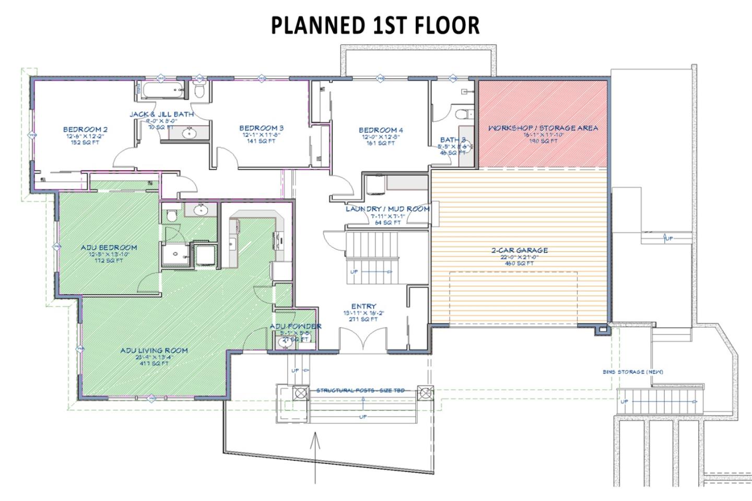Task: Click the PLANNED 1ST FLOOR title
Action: click(x=375, y=26)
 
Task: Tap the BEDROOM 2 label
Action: click(x=85, y=130)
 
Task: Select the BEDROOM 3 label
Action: click(x=261, y=128)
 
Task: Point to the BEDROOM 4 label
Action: click(x=380, y=130)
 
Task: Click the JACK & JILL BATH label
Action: click(x=161, y=114)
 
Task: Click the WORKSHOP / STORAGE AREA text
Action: click(x=543, y=128)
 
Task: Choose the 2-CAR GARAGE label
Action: click(x=519, y=250)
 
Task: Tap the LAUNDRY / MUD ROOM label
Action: click(x=387, y=209)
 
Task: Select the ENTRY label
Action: click(x=363, y=307)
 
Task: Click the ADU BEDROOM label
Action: click(x=109, y=248)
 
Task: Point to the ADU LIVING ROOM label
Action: click(x=154, y=351)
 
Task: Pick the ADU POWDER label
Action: click(x=295, y=327)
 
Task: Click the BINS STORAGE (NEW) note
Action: click(x=632, y=372)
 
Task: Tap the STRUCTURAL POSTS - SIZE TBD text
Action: click(x=360, y=391)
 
